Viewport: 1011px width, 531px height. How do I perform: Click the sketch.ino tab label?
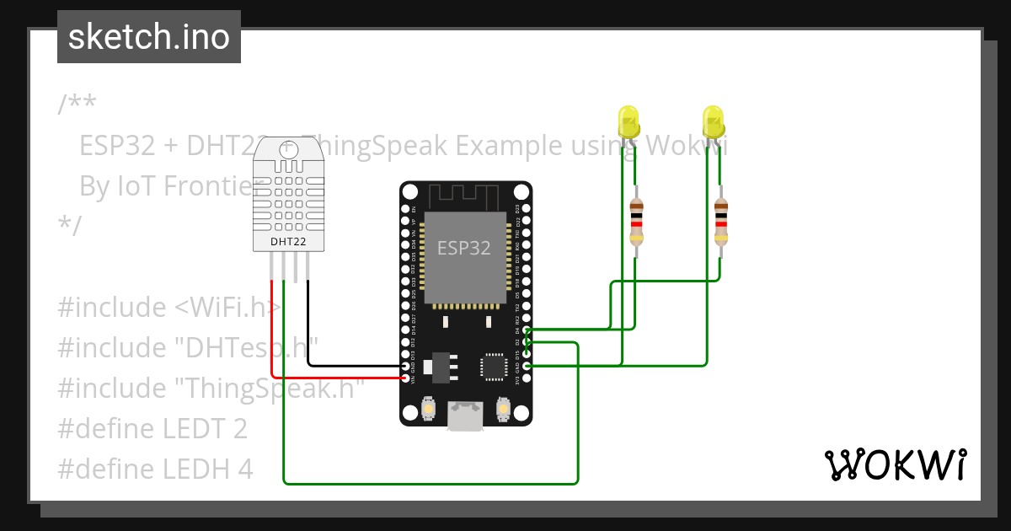(148, 37)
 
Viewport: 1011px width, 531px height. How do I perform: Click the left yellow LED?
(629, 121)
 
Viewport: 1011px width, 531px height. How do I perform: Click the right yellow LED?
(713, 121)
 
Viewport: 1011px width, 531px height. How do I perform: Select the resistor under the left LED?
(636, 221)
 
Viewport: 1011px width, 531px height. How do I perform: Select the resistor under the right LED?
(720, 221)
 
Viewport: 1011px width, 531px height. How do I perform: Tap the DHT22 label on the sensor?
(289, 242)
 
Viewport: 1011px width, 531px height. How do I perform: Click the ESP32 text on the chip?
(463, 249)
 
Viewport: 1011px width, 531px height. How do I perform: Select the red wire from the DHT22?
(272, 337)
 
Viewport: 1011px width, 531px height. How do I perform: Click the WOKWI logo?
(895, 464)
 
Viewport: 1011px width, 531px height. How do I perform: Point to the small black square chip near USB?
(493, 367)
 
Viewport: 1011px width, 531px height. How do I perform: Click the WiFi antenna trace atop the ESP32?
(465, 197)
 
